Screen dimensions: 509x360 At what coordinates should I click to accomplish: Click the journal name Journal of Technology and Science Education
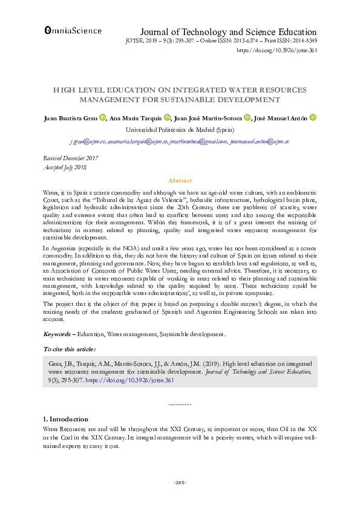(228, 31)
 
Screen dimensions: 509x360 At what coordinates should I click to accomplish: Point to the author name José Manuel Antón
(280, 118)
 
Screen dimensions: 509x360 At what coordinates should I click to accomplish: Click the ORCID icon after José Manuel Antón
(313, 118)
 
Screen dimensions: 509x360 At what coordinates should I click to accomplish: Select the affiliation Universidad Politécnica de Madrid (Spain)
(180, 129)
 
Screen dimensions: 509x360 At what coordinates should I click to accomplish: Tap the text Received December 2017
(70, 158)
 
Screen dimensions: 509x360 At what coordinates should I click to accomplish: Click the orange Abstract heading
(180, 181)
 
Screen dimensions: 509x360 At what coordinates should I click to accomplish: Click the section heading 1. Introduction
(66, 419)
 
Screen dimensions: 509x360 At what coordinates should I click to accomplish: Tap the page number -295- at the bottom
(180, 482)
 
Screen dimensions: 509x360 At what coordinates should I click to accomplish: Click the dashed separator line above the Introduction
(180, 403)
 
